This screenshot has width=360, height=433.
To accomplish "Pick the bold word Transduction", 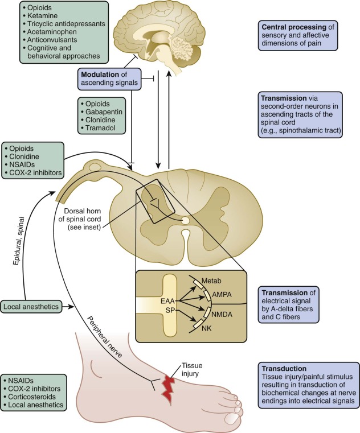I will (x=283, y=368).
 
